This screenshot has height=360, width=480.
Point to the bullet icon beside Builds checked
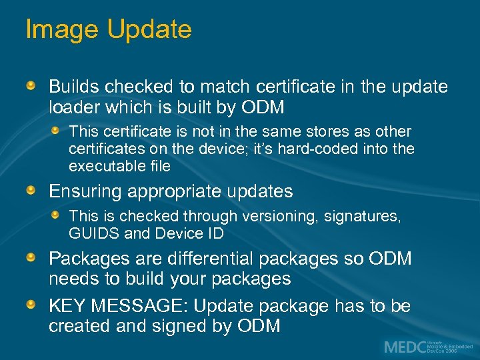31,87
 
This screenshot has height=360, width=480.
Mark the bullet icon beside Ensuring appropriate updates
31,191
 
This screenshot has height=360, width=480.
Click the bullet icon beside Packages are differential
31,257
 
